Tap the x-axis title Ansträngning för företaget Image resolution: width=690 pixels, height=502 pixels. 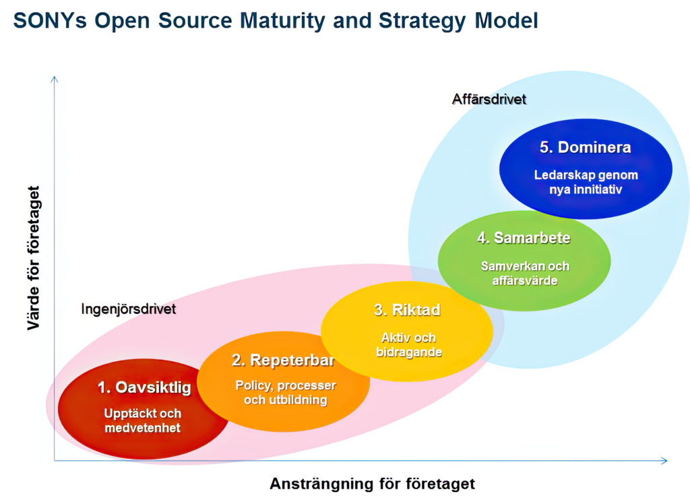pyautogui.click(x=372, y=483)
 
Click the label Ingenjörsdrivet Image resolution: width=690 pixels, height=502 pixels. pyautogui.click(x=128, y=309)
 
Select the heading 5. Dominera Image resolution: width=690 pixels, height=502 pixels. pyautogui.click(x=585, y=148)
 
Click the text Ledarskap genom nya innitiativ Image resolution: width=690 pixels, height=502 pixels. pyautogui.click(x=585, y=182)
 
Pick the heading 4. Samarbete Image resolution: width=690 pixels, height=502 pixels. pyautogui.click(x=524, y=238)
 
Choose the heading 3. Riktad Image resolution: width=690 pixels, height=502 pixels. pyautogui.click(x=407, y=310)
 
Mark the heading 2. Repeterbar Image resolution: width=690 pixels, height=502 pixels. pyautogui.click(x=283, y=360)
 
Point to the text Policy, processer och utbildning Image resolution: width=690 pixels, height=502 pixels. pyautogui.click(x=285, y=393)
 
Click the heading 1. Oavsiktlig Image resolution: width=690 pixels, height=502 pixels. pyautogui.click(x=144, y=387)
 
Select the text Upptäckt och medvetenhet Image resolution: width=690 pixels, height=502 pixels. pyautogui.click(x=143, y=420)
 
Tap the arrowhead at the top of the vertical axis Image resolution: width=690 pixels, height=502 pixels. pyautogui.click(x=55, y=79)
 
